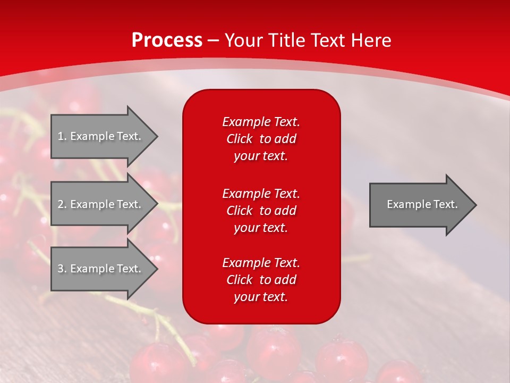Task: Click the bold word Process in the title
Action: click(x=167, y=40)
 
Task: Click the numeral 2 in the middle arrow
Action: click(x=61, y=204)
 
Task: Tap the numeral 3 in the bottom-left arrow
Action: click(x=61, y=269)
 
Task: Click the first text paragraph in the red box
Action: click(x=261, y=139)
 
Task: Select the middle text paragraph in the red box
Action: click(x=261, y=210)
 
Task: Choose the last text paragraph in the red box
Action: click(x=261, y=280)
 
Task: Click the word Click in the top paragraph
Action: click(x=240, y=139)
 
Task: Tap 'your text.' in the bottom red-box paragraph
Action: click(x=261, y=297)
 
